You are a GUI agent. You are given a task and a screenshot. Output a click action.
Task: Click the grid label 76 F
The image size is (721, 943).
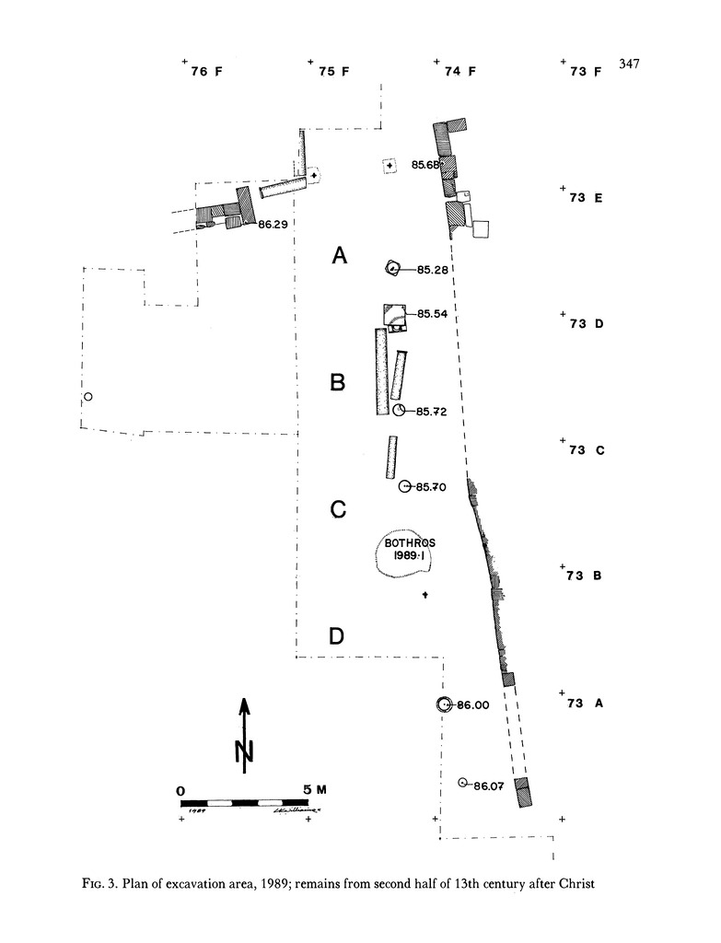click(206, 71)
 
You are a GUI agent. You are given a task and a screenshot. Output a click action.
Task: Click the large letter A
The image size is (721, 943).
click(340, 257)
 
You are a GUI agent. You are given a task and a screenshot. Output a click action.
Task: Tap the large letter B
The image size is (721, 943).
click(338, 382)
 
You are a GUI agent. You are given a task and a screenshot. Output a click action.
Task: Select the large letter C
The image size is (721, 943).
click(338, 509)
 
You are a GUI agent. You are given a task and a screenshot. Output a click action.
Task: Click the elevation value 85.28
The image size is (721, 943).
click(433, 270)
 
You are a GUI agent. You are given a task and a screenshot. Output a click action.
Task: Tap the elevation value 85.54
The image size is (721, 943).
click(433, 314)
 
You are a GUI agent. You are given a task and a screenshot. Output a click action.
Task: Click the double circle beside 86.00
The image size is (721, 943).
click(444, 704)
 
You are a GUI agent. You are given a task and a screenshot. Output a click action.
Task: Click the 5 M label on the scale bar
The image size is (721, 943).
click(313, 789)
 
